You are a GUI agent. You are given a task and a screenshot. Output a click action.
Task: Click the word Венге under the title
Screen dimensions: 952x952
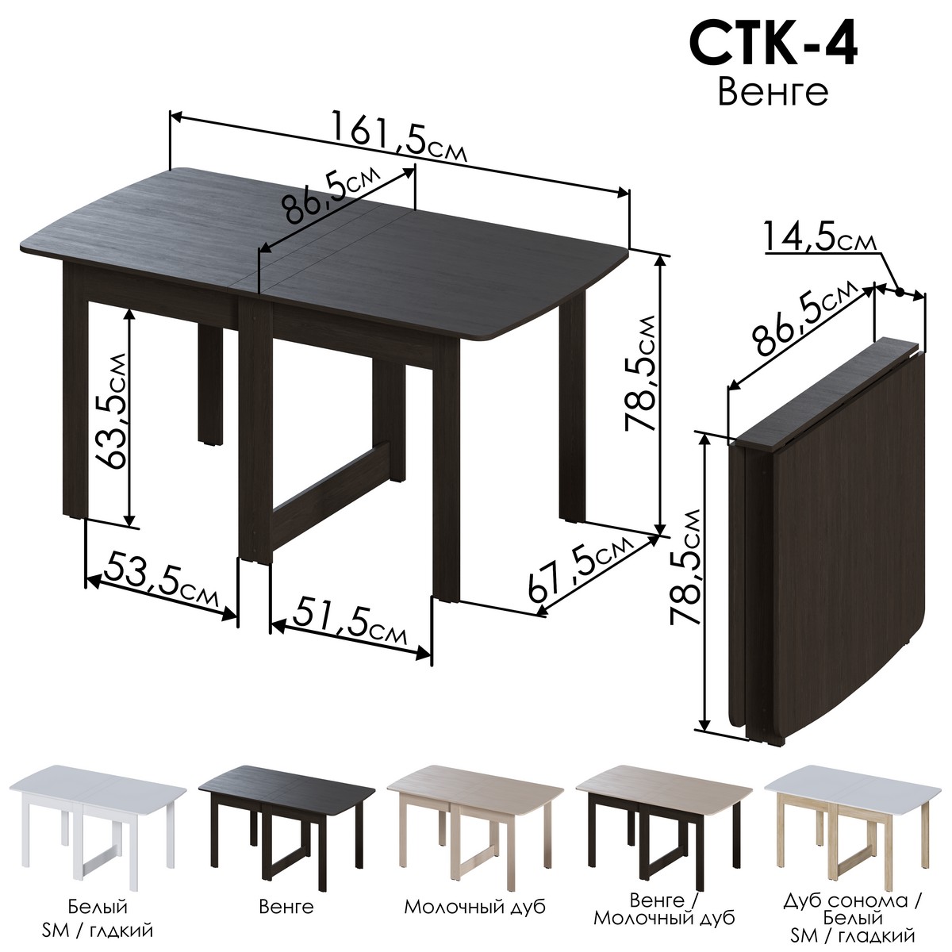tap(773, 92)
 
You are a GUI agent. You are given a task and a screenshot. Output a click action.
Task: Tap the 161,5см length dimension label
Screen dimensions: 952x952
tap(398, 137)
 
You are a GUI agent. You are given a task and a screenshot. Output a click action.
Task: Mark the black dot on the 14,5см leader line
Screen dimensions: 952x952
tap(900, 292)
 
